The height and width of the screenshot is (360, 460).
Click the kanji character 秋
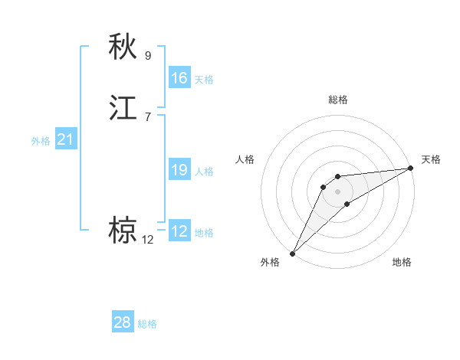tap(123, 47)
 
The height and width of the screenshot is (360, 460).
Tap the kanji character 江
tap(123, 108)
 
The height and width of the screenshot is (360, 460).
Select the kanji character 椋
tap(123, 231)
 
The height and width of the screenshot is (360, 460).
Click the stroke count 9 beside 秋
tap(148, 55)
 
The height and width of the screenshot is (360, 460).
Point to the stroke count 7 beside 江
tap(148, 116)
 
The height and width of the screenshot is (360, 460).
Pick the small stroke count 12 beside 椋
tap(148, 240)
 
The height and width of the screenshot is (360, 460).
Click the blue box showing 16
tap(179, 78)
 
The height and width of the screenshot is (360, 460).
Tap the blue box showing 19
tap(179, 170)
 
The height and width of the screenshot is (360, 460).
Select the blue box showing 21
tap(65, 140)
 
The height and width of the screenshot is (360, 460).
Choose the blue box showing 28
tap(123, 322)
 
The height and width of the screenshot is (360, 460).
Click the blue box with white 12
tap(179, 231)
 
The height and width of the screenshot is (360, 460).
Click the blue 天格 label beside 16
tap(204, 80)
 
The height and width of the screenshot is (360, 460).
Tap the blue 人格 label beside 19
tap(204, 172)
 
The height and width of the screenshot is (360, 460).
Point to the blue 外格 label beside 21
tap(41, 141)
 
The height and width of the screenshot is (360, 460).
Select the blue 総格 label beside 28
tap(147, 324)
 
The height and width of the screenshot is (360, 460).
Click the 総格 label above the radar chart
tap(338, 100)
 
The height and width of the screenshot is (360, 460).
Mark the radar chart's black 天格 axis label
tap(432, 159)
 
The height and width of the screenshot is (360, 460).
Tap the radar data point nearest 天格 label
tap(410, 169)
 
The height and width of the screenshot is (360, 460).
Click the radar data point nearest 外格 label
tap(292, 253)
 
